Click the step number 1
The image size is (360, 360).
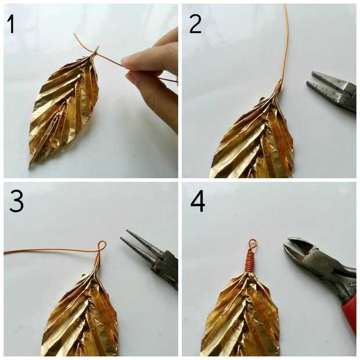point(11,24)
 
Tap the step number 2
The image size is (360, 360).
point(195,24)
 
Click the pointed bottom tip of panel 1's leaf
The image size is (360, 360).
point(30,166)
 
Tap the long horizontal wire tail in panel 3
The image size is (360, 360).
point(51,249)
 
